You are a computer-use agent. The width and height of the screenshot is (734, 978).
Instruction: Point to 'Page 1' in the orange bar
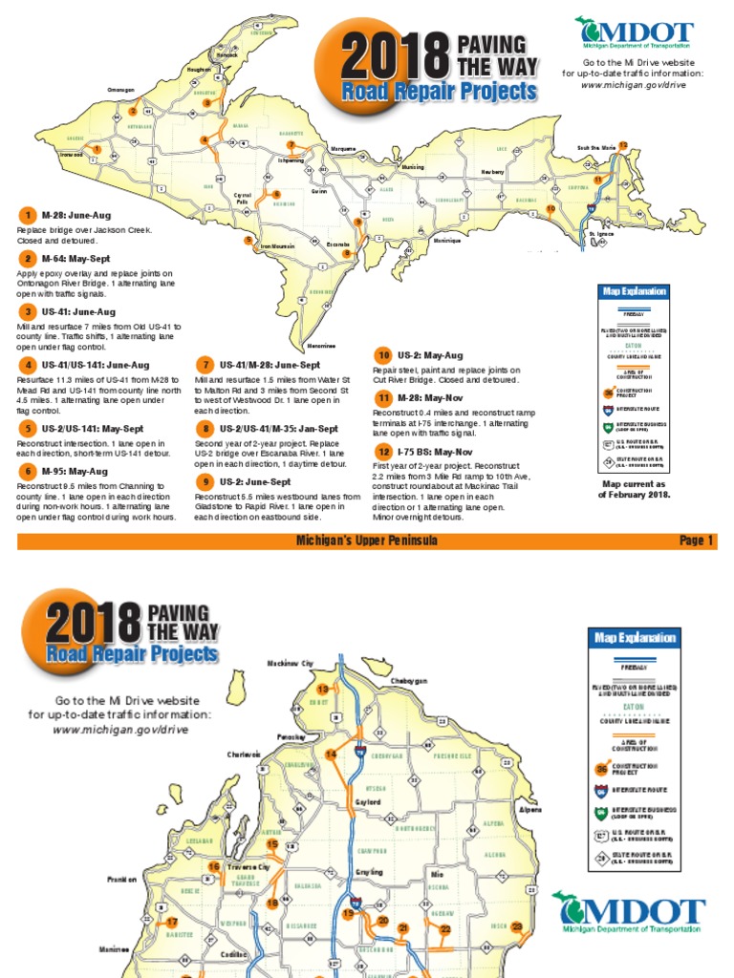(696, 541)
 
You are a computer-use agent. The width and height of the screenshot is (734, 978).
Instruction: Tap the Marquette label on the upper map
(342, 149)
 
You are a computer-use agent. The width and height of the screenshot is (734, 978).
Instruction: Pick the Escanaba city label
(336, 244)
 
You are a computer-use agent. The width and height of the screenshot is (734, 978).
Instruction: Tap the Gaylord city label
(368, 802)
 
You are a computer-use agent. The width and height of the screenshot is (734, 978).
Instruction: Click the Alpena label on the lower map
(529, 809)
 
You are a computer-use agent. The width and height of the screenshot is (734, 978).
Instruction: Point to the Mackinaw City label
(290, 662)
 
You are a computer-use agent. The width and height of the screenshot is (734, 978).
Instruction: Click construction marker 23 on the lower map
(517, 926)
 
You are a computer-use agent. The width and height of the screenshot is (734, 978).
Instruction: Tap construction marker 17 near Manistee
(172, 923)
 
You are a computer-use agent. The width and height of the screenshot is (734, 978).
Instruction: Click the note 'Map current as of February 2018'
(634, 489)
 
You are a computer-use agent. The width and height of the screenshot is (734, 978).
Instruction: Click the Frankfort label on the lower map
(122, 878)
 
